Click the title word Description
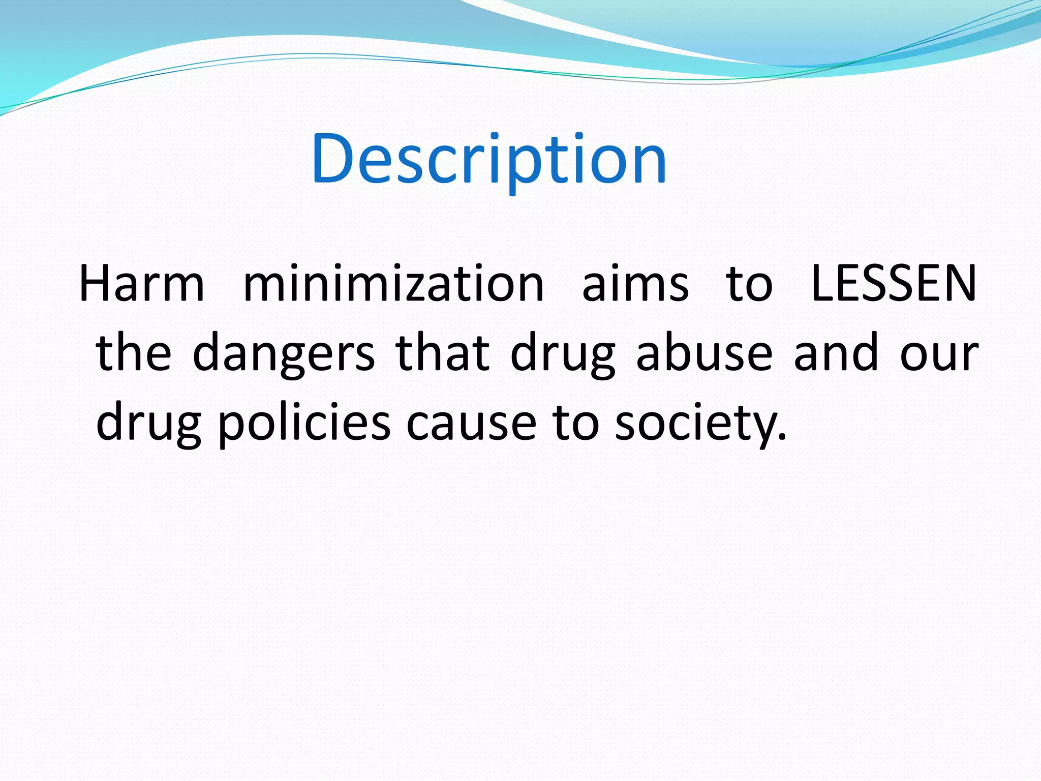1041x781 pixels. (x=489, y=159)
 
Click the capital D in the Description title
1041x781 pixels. (x=333, y=159)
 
